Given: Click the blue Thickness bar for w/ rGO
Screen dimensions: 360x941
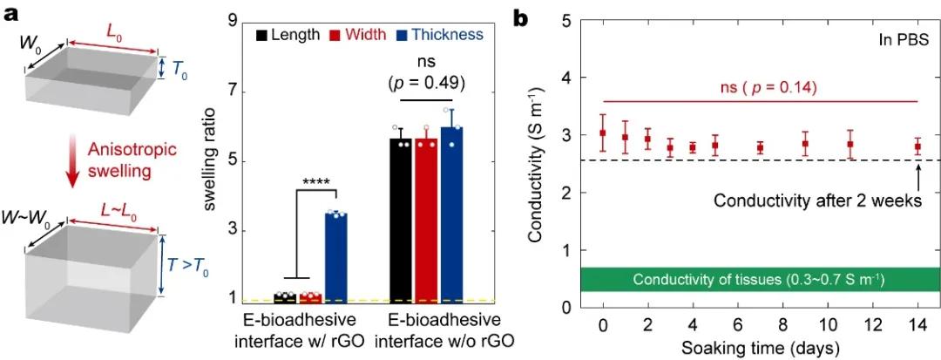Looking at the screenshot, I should pos(335,257).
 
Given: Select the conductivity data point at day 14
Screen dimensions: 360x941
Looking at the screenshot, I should pos(917,147).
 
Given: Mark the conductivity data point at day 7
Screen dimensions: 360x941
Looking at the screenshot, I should pos(761,147).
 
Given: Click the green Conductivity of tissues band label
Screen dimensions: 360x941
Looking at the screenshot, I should pos(759,280).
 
